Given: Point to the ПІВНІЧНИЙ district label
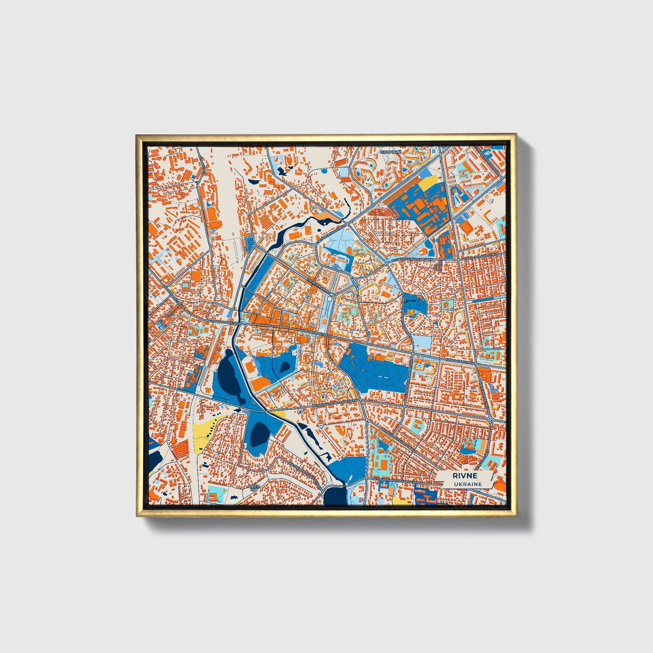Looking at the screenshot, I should tap(390, 152).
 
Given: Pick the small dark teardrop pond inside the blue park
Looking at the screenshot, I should tap(285, 366).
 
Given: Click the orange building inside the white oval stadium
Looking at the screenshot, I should tap(262, 384).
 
